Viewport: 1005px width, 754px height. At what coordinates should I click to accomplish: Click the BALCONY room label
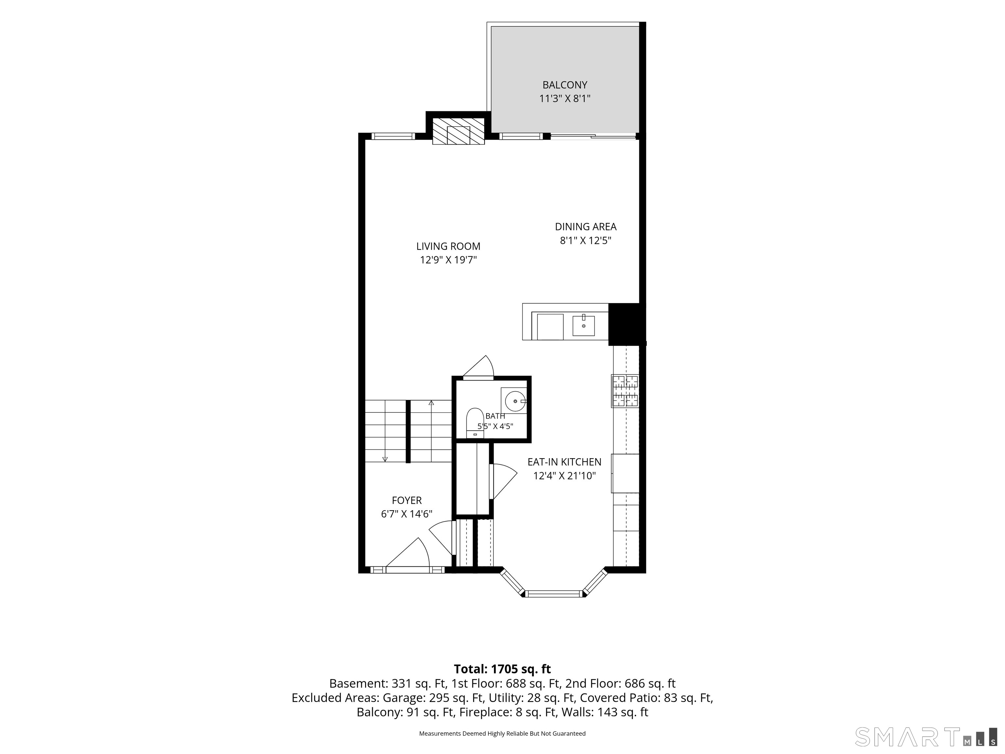tap(565, 85)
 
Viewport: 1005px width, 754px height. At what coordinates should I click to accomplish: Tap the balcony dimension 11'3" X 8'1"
tap(565, 99)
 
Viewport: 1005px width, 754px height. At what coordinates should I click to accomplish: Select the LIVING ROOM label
tap(449, 246)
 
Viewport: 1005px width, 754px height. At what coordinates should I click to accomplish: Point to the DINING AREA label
tap(586, 226)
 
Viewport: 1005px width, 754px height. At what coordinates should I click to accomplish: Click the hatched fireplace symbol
tap(458, 131)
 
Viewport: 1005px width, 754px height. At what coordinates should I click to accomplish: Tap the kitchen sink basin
tap(583, 325)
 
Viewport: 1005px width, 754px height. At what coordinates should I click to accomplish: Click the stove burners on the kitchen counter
tap(625, 391)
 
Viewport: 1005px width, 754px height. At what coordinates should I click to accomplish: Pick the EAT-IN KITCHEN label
tap(564, 462)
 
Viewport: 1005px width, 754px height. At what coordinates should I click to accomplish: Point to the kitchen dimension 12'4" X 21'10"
tap(564, 476)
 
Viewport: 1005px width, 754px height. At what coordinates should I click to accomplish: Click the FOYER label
tap(407, 500)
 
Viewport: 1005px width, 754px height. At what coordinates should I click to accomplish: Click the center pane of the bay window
tap(554, 594)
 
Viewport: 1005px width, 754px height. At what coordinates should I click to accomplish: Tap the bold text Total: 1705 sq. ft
tap(502, 669)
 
